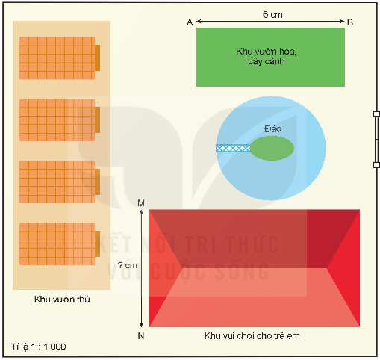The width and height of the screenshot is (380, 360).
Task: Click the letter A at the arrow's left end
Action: coord(190,22)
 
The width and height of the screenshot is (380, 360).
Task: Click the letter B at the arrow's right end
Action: coord(350,22)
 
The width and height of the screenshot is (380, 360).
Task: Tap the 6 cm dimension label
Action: coord(272,15)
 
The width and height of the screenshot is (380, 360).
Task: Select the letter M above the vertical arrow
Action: coord(141,203)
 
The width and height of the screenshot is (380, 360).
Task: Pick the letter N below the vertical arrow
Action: coord(141,336)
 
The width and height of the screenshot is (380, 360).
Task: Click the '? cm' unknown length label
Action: coord(128,265)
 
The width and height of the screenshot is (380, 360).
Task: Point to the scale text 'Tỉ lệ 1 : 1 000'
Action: coord(39,347)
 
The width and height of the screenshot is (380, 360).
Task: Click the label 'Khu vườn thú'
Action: coord(62,300)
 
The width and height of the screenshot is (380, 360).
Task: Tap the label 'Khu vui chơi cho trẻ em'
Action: coord(252,336)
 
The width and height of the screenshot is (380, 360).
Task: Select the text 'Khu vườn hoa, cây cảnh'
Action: coord(267,56)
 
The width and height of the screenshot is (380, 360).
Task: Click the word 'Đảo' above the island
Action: coord(273,128)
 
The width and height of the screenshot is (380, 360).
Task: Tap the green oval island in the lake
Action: coord(272,148)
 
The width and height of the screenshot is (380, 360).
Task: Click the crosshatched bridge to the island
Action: coord(233,148)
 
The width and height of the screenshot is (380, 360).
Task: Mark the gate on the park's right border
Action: coord(376,140)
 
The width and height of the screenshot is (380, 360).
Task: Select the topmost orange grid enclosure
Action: coord(60,58)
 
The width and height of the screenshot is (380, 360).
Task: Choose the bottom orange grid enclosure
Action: coord(60,243)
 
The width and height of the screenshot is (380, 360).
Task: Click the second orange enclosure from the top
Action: coord(60,120)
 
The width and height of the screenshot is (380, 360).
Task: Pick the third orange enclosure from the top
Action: coord(60,182)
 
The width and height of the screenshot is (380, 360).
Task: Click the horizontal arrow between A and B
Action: coord(270,22)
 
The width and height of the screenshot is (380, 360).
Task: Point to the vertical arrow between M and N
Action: coord(141,268)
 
